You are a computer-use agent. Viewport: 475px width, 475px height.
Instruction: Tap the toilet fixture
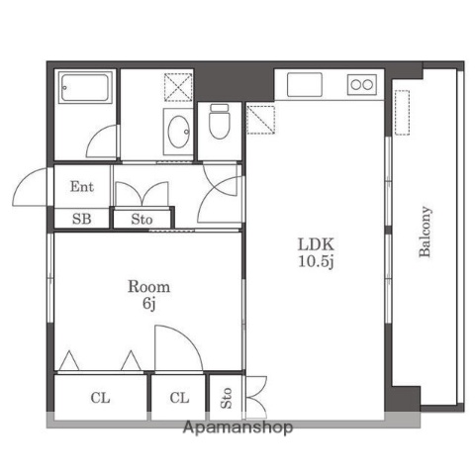click(219, 123)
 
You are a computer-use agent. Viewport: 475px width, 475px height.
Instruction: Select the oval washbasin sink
click(179, 131)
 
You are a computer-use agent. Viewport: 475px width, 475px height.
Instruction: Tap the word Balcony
click(426, 232)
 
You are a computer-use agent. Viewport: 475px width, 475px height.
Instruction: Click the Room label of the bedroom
click(147, 287)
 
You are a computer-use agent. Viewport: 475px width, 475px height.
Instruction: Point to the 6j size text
click(147, 304)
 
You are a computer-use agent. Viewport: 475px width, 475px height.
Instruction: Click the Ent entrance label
click(81, 186)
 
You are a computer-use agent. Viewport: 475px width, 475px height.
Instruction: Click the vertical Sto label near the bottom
click(227, 399)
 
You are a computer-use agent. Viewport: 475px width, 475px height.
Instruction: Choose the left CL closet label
click(100, 399)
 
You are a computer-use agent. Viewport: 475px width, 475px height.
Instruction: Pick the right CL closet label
click(178, 399)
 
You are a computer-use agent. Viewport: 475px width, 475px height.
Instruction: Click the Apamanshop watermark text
click(237, 428)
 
